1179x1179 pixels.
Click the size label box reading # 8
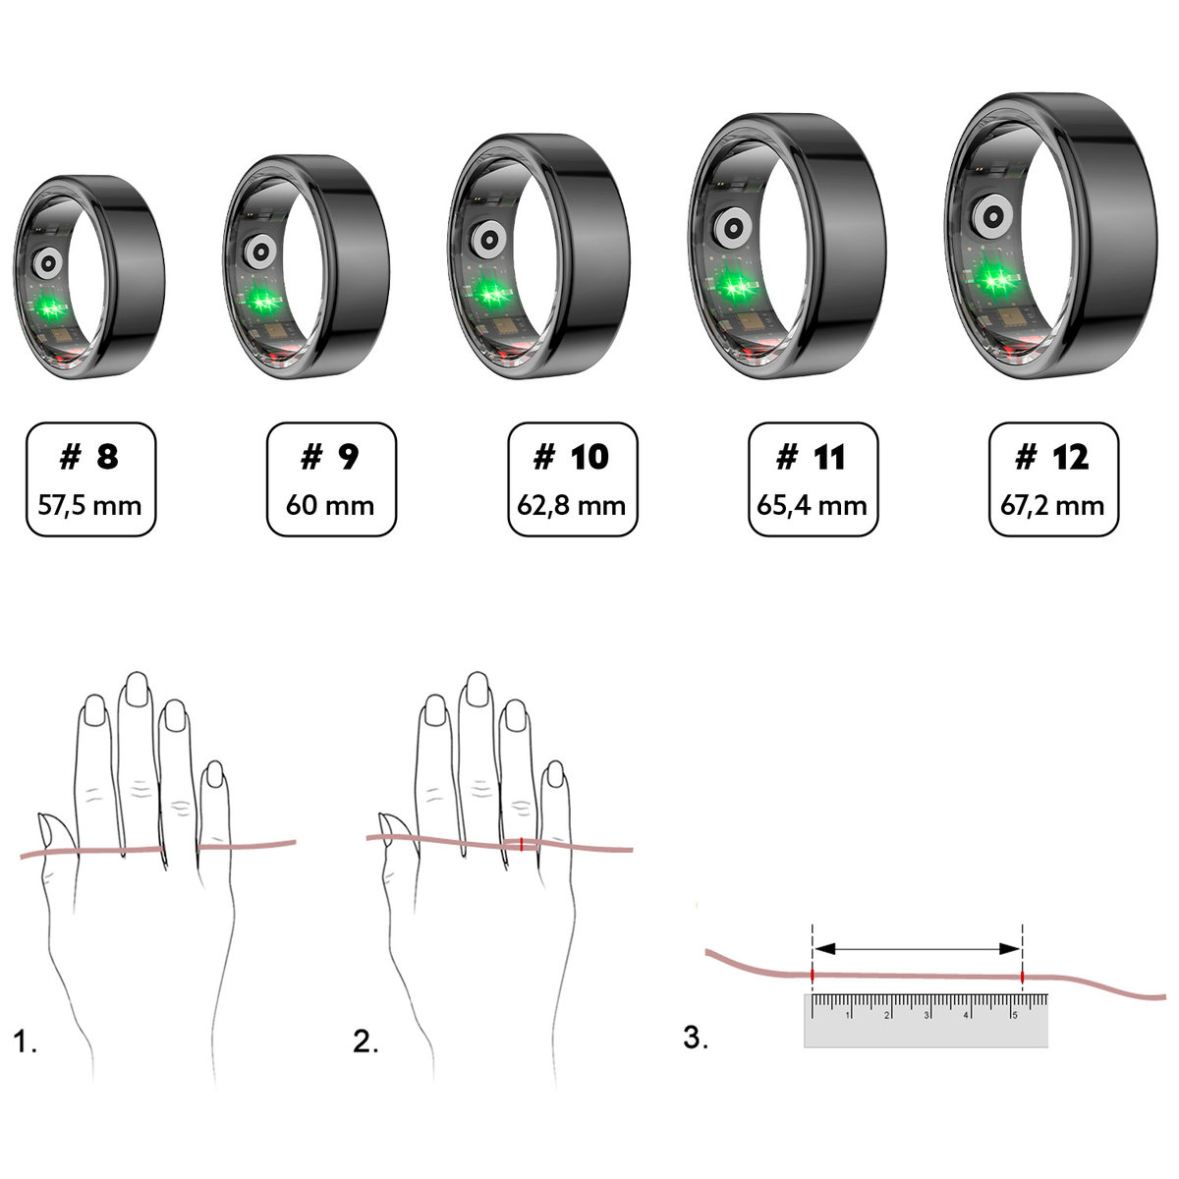pyautogui.click(x=90, y=479)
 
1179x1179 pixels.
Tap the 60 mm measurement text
pyautogui.click(x=330, y=506)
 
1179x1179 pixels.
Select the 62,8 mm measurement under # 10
pyautogui.click(x=572, y=506)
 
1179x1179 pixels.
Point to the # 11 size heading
pyautogui.click(x=812, y=457)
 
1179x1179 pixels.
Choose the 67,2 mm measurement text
pyautogui.click(x=1052, y=506)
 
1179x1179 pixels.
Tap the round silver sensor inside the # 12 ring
pyautogui.click(x=988, y=215)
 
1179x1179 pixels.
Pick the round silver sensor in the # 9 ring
pyautogui.click(x=260, y=251)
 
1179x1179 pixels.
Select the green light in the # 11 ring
pyautogui.click(x=732, y=286)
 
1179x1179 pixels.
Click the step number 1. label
pyautogui.click(x=26, y=1042)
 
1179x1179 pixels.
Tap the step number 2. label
pyautogui.click(x=365, y=1042)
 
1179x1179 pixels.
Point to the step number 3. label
pyautogui.click(x=696, y=1038)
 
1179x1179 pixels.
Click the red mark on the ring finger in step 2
pyautogui.click(x=521, y=843)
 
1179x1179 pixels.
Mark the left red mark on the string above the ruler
pyautogui.click(x=813, y=975)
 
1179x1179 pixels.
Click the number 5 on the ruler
pyautogui.click(x=1014, y=1015)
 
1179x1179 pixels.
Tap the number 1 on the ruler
pyautogui.click(x=849, y=1015)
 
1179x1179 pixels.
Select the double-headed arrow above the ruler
pyautogui.click(x=918, y=948)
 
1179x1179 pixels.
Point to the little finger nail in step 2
pyautogui.click(x=555, y=775)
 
